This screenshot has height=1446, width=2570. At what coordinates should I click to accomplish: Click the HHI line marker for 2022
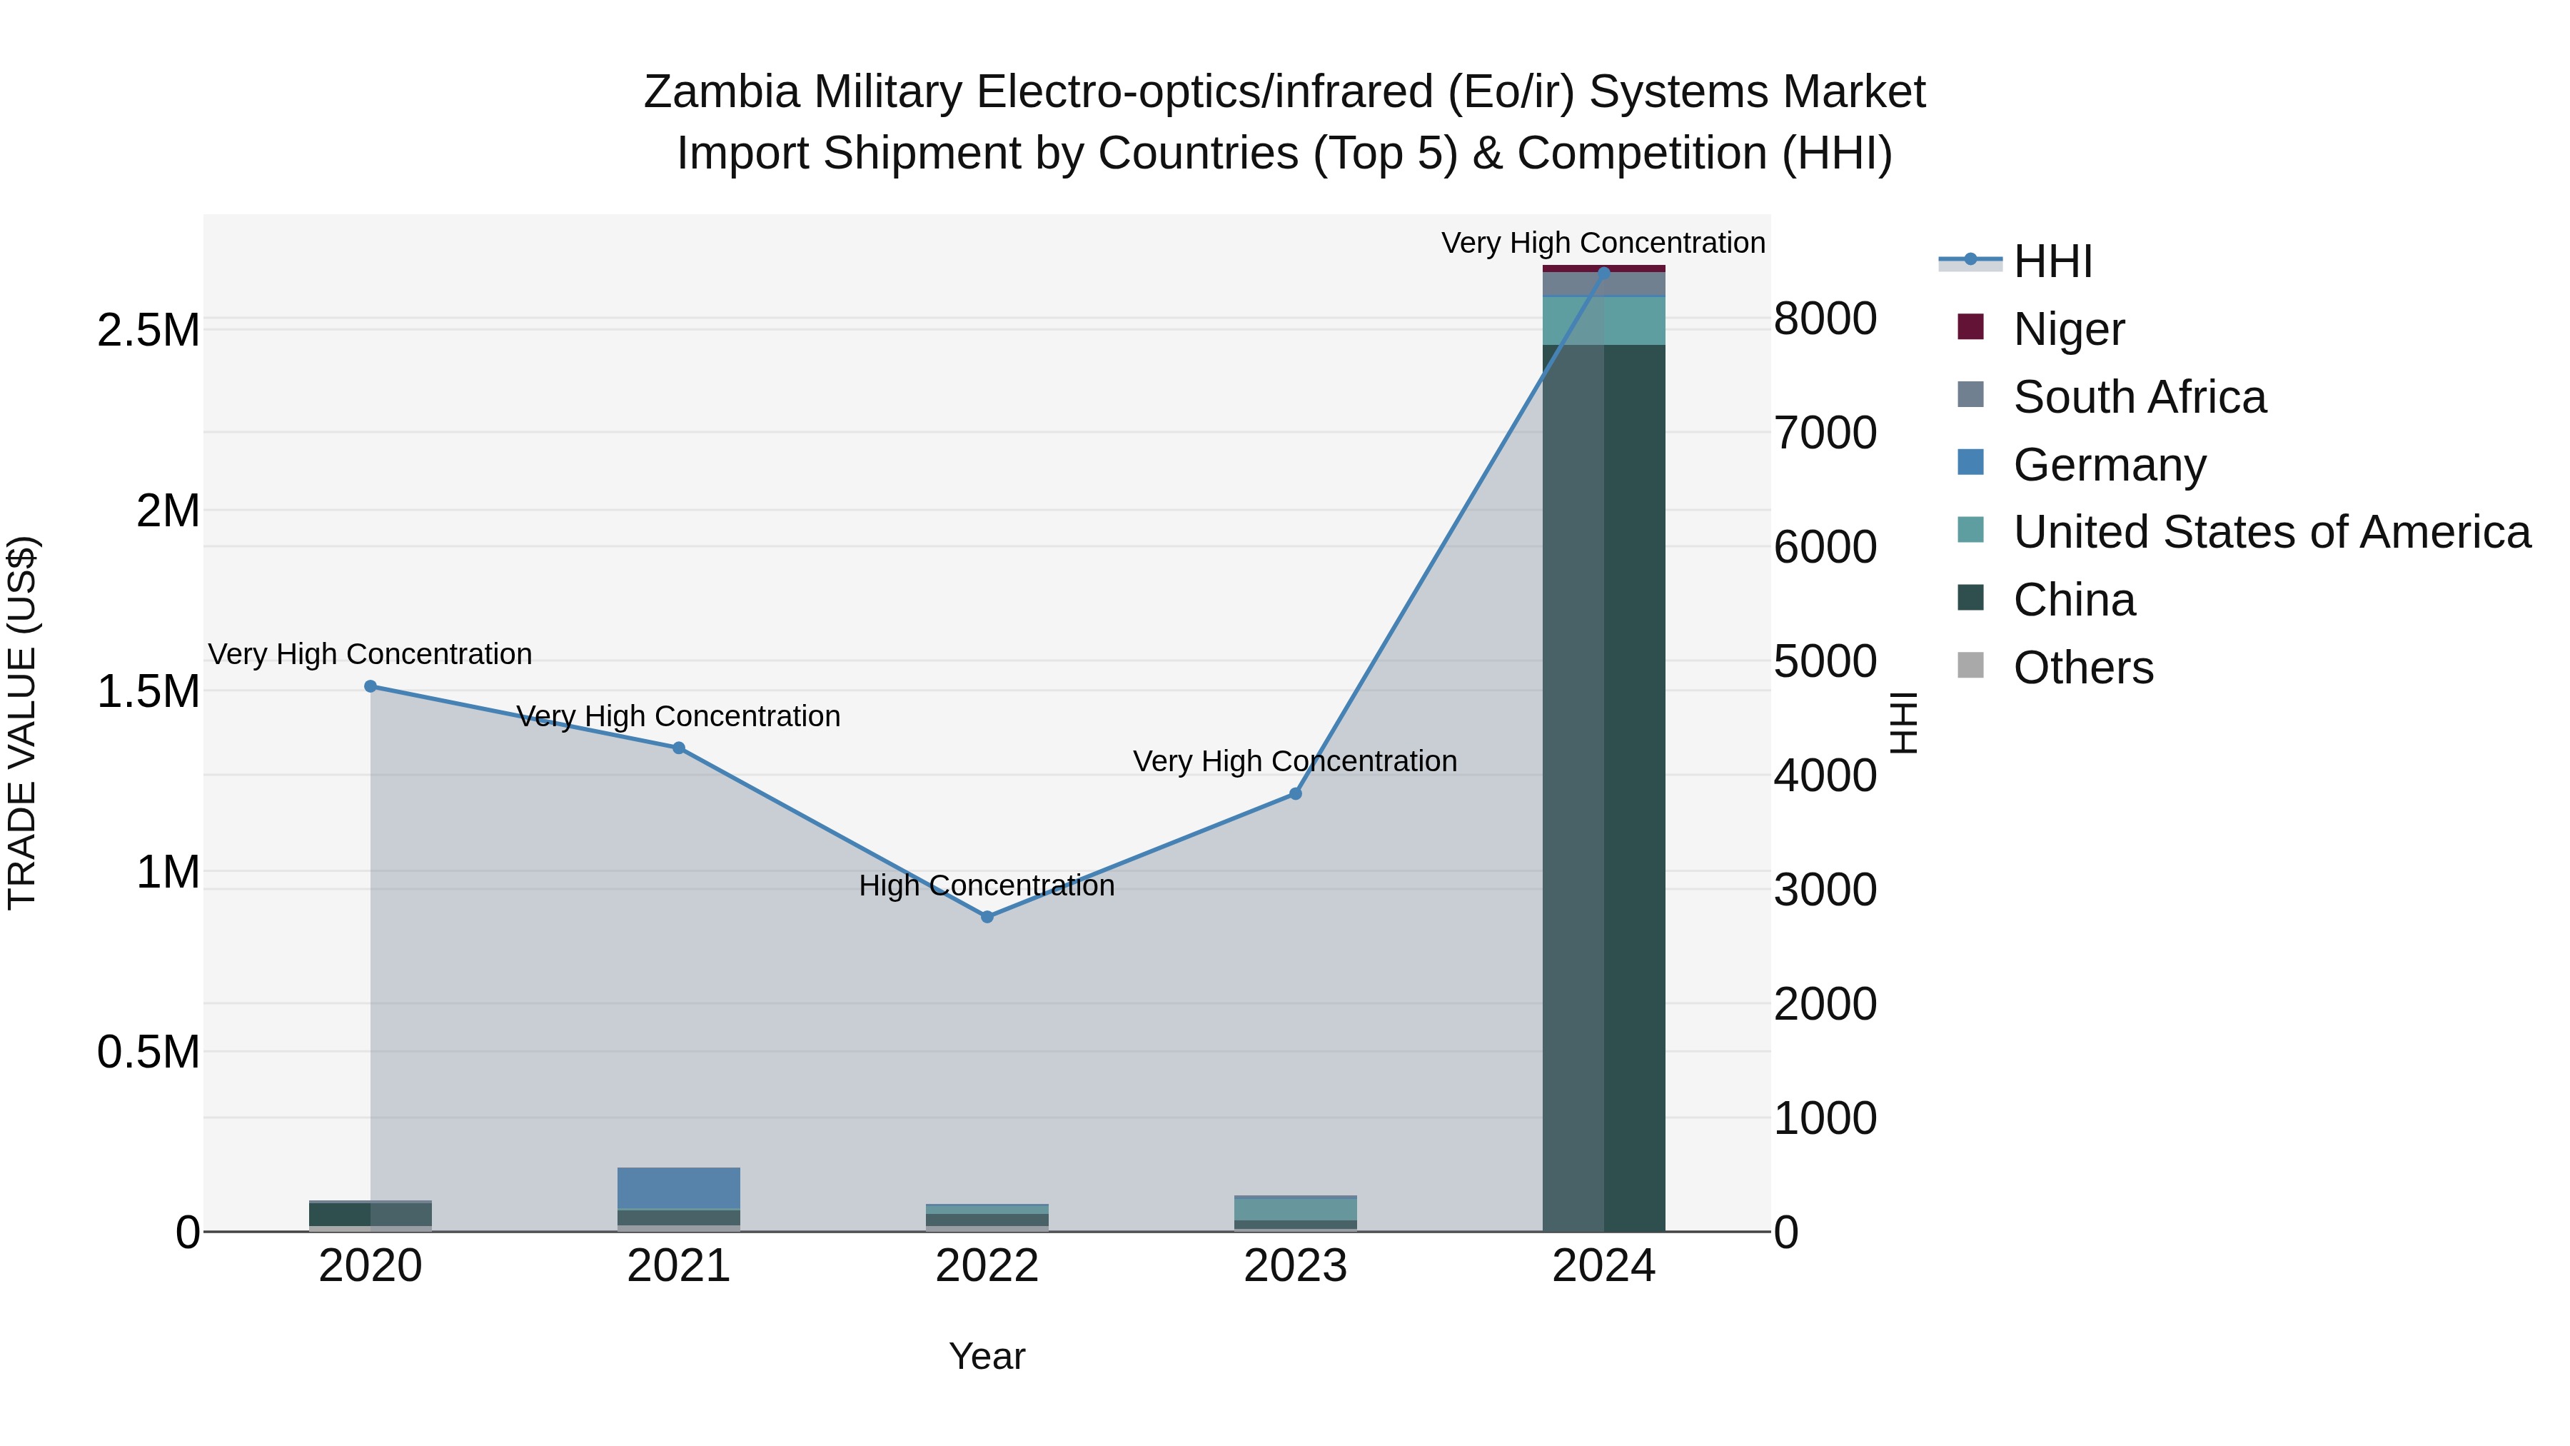987,916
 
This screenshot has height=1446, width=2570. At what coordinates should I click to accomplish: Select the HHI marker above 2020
370,686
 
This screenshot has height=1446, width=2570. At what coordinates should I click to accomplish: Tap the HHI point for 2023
1295,793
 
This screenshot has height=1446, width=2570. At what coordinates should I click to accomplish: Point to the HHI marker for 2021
678,748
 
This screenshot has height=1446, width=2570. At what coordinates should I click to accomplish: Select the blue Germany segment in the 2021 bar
678,1188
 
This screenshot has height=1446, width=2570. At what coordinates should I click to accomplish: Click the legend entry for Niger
2068,328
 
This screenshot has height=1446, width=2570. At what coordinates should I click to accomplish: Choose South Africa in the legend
2139,396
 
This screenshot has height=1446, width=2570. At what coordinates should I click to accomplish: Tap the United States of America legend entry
2271,532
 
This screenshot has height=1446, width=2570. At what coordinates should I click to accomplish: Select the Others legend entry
2082,667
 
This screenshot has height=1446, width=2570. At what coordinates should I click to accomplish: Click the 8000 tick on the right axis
1825,319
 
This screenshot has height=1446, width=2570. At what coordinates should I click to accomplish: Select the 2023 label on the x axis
1295,1266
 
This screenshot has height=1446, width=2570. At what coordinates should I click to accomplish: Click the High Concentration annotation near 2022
987,885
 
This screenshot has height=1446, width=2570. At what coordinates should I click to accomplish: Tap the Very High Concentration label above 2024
1603,243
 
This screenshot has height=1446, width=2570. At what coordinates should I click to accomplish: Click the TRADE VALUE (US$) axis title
22,723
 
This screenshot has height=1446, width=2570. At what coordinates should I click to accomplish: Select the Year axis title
987,1356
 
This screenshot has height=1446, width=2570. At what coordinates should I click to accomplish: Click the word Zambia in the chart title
721,92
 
